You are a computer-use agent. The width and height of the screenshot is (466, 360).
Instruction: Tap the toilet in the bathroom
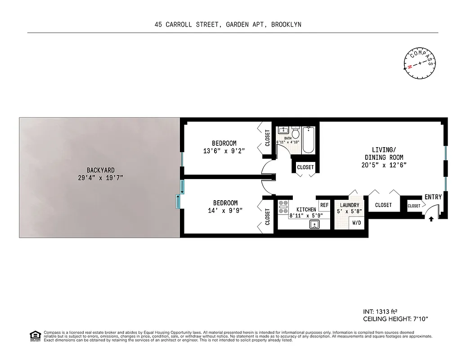(x=296, y=134)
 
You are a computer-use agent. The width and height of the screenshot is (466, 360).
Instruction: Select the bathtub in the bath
(x=309, y=139)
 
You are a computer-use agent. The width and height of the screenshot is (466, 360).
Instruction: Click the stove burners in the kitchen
(x=284, y=207)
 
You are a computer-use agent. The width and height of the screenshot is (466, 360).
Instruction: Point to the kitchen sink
(x=314, y=224)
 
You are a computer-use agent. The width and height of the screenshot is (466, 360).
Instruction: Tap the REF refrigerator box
(x=324, y=205)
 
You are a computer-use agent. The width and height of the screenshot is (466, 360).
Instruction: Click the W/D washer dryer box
(x=356, y=223)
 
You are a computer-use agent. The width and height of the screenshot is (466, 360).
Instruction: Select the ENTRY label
(x=433, y=197)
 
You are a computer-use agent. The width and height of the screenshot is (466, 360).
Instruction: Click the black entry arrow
(x=431, y=219)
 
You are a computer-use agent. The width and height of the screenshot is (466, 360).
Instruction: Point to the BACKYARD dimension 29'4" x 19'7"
(x=101, y=178)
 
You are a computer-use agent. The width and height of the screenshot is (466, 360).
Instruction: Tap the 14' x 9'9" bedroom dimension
(x=225, y=211)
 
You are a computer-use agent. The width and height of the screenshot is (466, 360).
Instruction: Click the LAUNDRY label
(x=349, y=205)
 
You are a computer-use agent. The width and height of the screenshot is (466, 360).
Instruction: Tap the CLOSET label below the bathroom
(x=305, y=167)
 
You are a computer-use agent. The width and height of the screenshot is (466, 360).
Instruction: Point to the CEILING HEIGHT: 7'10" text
(x=395, y=319)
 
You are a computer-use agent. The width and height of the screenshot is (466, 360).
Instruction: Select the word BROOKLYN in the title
(x=286, y=25)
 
